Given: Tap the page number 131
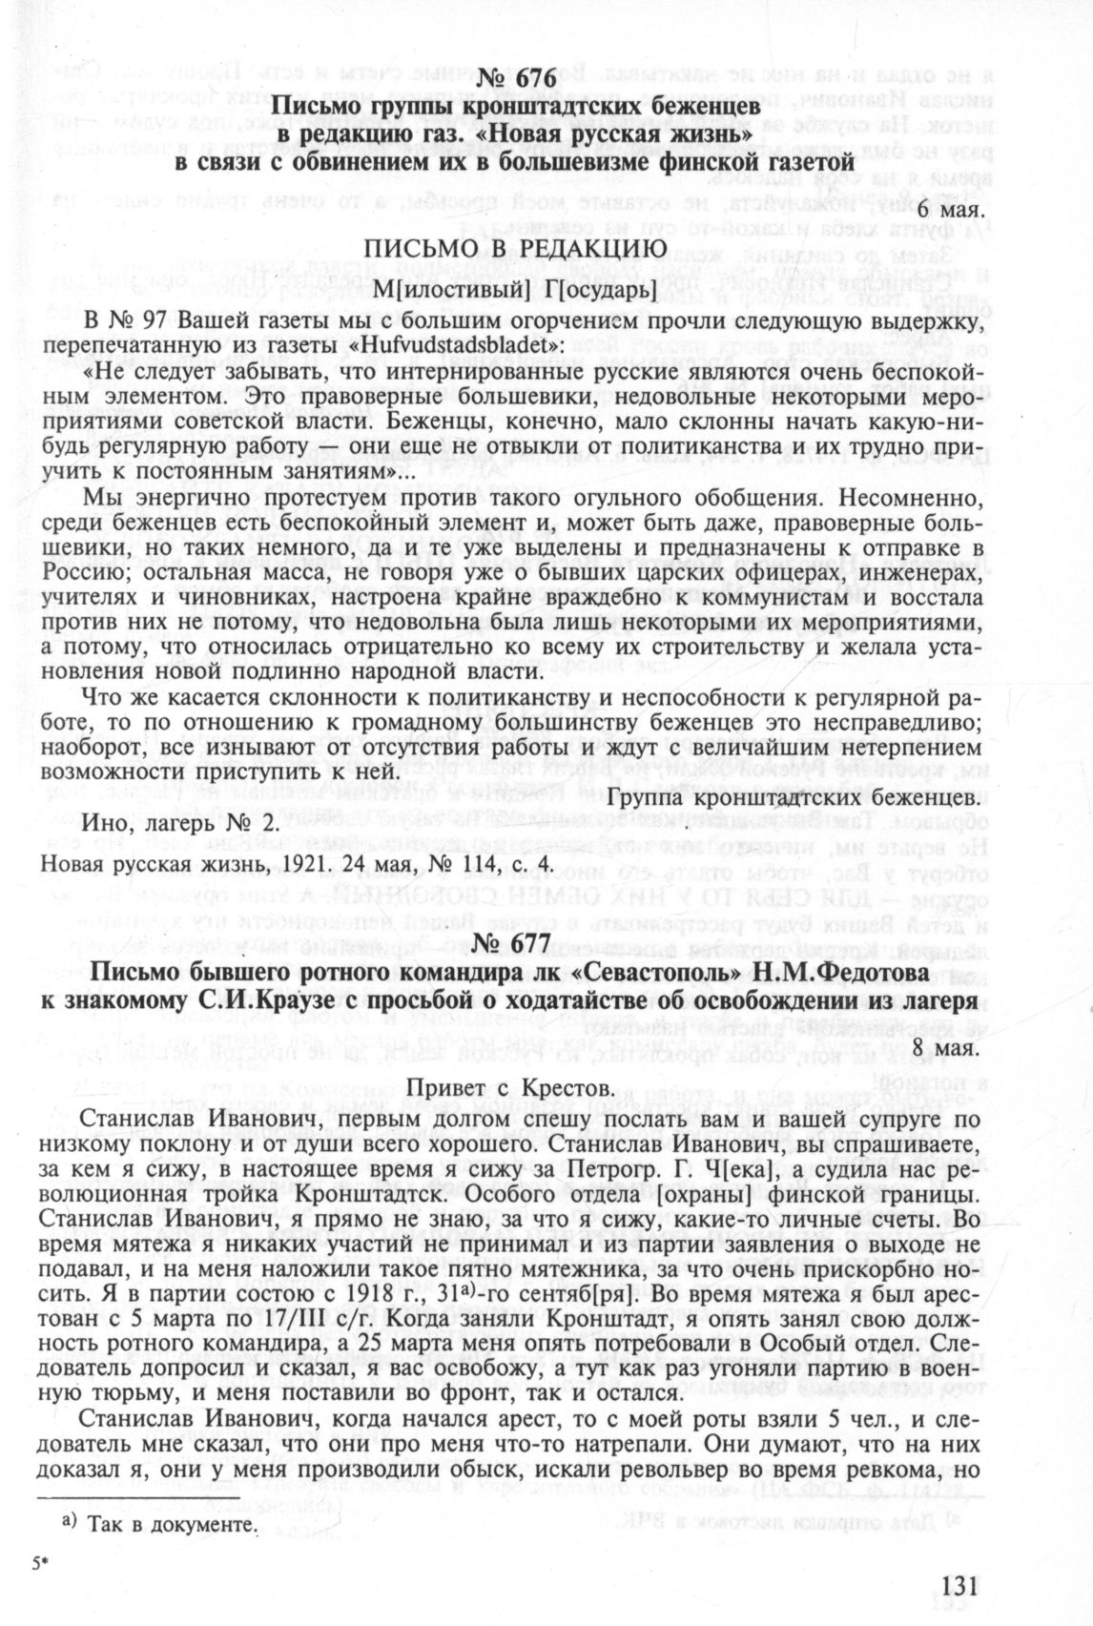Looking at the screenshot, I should [x=959, y=1584].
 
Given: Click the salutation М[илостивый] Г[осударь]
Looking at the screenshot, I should [x=513, y=287].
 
